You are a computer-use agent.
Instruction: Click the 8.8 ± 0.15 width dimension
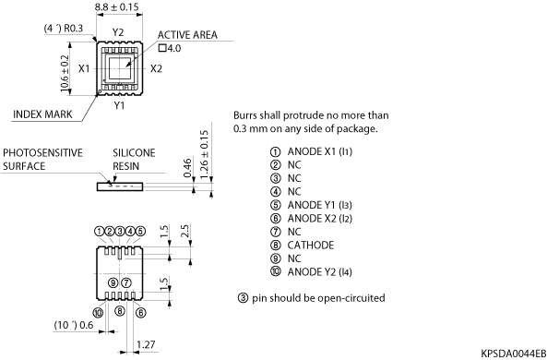click(116, 7)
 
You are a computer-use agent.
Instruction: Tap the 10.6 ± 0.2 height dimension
click(65, 73)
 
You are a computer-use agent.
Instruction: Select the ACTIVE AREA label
click(187, 35)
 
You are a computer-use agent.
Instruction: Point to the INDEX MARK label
click(42, 114)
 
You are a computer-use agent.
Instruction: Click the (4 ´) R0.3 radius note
click(64, 29)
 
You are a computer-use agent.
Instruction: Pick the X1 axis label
click(84, 69)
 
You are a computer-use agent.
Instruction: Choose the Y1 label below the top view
click(119, 105)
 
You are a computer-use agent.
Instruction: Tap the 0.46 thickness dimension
click(187, 168)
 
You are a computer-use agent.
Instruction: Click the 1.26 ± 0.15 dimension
click(204, 155)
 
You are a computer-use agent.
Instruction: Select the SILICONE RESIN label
click(134, 160)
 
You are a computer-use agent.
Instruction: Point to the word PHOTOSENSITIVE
click(42, 153)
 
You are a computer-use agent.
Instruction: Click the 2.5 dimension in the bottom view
click(184, 231)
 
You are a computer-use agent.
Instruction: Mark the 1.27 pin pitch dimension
click(146, 344)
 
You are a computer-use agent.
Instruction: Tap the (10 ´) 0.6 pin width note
click(74, 325)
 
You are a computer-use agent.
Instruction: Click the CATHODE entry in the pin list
click(311, 246)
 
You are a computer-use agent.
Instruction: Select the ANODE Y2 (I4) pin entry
click(319, 272)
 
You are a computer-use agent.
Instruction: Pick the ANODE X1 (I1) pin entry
click(320, 151)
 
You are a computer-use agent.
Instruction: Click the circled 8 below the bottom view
click(120, 311)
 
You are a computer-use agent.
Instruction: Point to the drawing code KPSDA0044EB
click(514, 354)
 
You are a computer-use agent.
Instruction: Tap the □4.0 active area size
click(170, 48)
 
